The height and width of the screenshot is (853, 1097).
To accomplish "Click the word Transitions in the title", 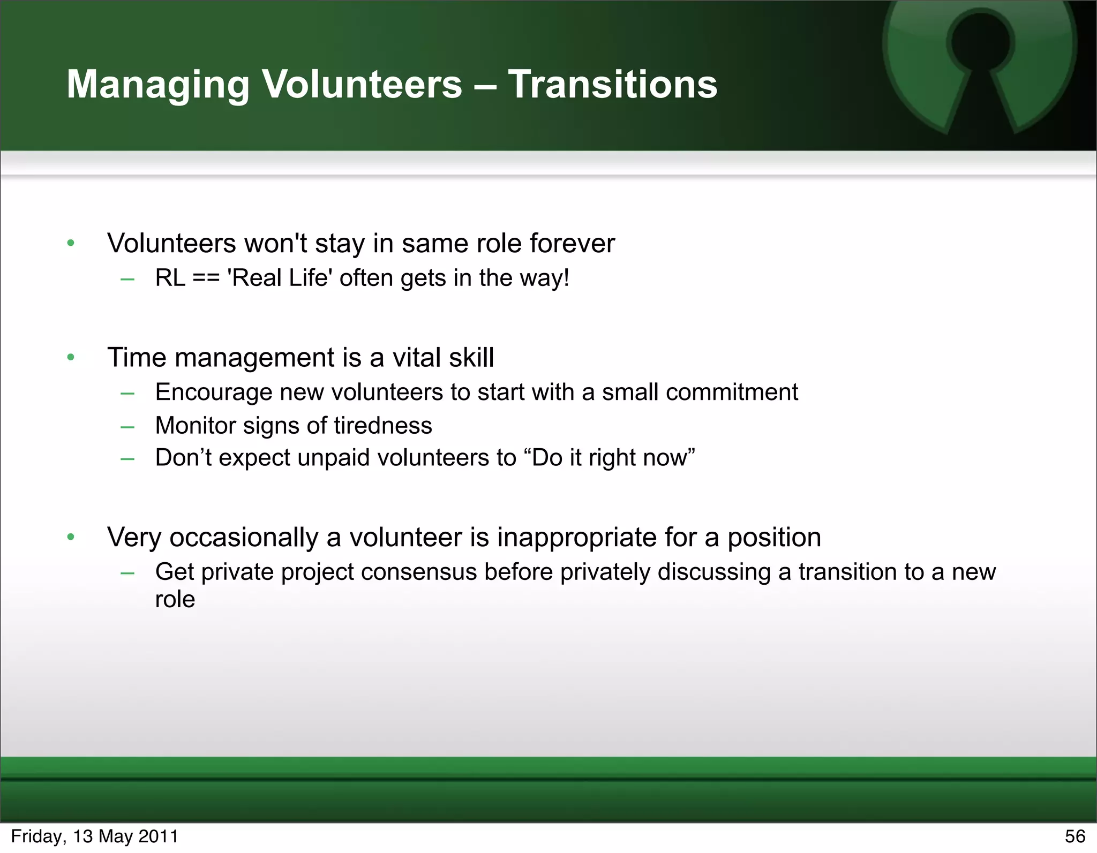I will tap(612, 85).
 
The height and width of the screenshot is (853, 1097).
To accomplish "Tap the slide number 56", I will tap(1075, 836).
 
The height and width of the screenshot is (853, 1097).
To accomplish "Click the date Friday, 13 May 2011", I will tap(95, 836).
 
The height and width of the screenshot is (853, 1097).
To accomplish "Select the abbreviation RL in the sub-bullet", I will tap(170, 278).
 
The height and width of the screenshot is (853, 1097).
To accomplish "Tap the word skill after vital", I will tap(471, 357).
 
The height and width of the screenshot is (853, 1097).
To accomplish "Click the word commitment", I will tap(732, 392).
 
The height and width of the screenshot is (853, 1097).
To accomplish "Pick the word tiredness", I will tap(382, 426).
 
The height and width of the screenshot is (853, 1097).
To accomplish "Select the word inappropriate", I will tap(576, 538).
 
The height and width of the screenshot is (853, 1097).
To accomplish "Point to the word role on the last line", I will tap(175, 600).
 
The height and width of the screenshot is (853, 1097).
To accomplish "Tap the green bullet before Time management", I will tap(71, 357).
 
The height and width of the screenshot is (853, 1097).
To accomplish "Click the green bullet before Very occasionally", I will tap(71, 537).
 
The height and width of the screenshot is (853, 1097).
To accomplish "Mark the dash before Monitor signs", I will tap(127, 427).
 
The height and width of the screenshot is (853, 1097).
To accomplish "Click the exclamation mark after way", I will tap(566, 278).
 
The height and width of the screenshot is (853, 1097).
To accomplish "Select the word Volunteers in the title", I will tap(362, 85).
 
